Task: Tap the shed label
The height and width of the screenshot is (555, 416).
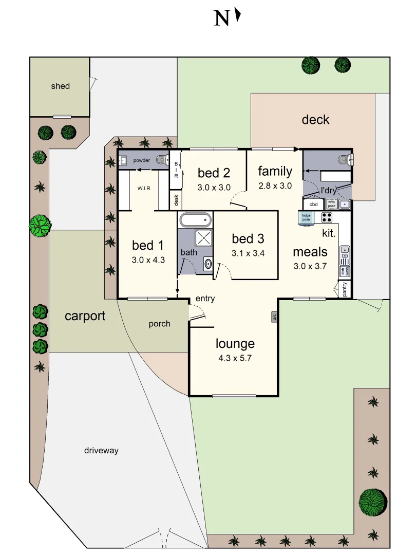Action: coord(60,86)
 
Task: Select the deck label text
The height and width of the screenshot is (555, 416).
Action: coord(315,120)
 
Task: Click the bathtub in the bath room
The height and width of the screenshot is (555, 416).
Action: coord(196,220)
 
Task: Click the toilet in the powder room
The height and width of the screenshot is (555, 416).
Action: coord(162,160)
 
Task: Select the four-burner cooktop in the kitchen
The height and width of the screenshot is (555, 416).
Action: coord(328,217)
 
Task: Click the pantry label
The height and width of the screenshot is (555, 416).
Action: coord(345,289)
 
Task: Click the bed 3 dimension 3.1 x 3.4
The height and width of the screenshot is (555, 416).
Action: coord(248,253)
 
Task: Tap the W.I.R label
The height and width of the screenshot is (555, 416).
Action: coord(143,188)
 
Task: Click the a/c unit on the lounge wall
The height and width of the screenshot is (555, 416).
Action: coord(274,317)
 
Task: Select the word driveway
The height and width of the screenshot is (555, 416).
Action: coord(101,451)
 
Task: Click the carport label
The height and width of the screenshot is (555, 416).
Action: coord(85,316)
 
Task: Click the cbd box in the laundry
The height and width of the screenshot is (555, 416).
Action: coord(313,204)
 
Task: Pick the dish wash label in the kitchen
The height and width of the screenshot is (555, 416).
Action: coord(344,271)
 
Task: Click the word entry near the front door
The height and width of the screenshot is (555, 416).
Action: coord(205,299)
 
